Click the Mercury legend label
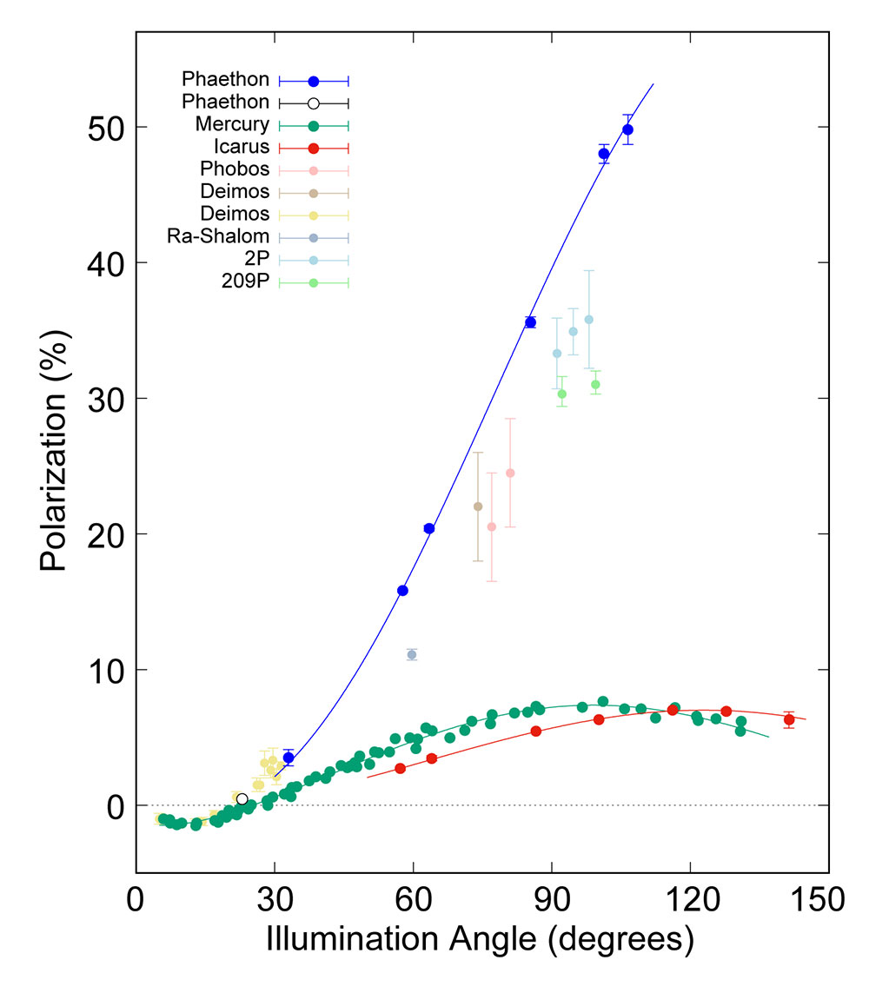coord(232,124)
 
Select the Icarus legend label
coord(238,147)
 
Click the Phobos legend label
coord(235,169)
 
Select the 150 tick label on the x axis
coord(826,900)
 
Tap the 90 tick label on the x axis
coord(551,900)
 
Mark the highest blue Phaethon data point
coord(627,129)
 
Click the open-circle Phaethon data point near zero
coord(242,799)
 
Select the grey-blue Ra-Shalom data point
coord(412,654)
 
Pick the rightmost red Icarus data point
coord(789,719)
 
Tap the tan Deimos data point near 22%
coord(478,506)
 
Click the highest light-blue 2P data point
coord(588,320)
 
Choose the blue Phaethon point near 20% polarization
coord(428,528)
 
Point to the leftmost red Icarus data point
coord(400,768)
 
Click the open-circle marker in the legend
coord(314,103)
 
